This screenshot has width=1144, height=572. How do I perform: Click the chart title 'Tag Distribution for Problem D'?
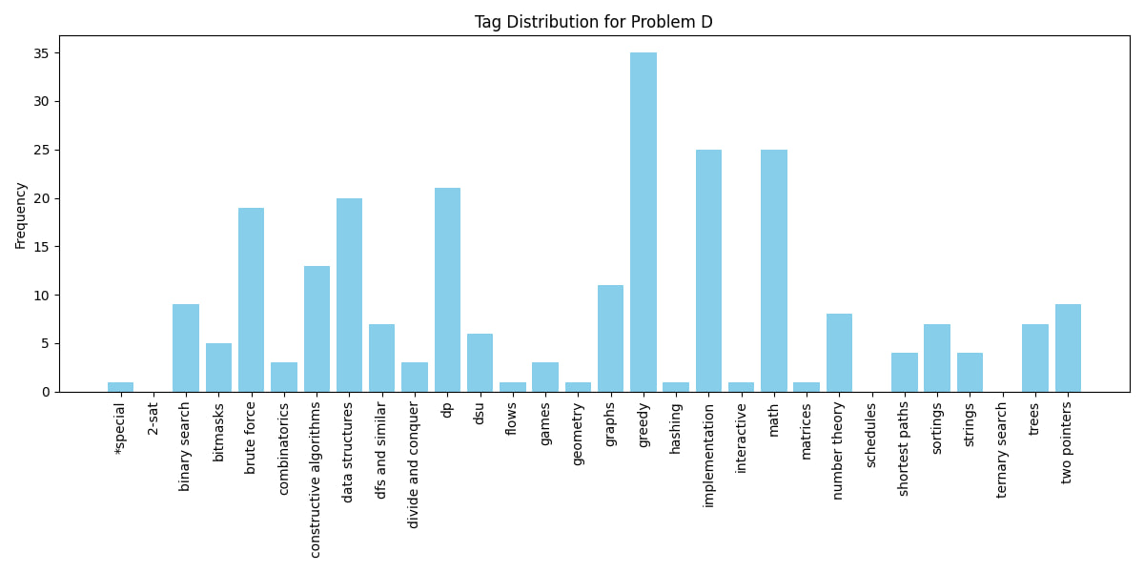pos(593,22)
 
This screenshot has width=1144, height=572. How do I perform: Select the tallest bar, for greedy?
pos(643,222)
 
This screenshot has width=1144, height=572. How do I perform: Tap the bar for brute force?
pos(251,299)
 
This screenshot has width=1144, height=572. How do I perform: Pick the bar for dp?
pos(447,290)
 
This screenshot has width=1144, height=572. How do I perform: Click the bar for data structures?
pos(349,295)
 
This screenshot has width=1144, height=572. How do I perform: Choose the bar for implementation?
pos(708,271)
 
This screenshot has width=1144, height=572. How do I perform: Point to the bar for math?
pos(774,271)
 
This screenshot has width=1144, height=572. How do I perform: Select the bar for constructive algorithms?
pos(317,329)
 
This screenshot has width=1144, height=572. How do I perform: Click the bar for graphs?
pos(610,338)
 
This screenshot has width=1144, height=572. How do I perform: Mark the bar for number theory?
pos(839,353)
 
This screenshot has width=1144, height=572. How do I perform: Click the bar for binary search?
pos(186,348)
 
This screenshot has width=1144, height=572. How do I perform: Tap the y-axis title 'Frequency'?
pos(21,215)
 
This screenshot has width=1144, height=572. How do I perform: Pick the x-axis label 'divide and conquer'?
pos(414,464)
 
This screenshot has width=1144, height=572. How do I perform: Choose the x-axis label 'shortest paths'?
pos(904,448)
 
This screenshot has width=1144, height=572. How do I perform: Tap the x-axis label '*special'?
pos(120,427)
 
